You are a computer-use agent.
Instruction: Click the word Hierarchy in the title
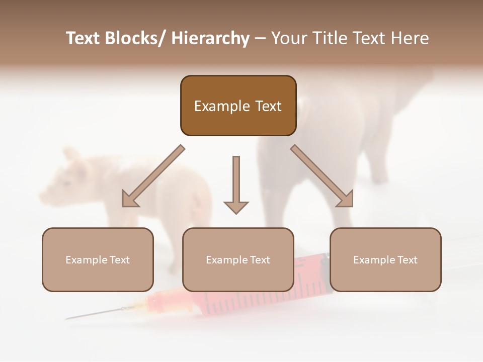tap(210, 39)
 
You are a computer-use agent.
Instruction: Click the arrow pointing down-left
tap(151, 176)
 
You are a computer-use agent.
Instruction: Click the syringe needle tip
tap(67, 318)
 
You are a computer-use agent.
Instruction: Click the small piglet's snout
tap(43, 196)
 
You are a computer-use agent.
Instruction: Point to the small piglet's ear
tap(70, 154)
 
